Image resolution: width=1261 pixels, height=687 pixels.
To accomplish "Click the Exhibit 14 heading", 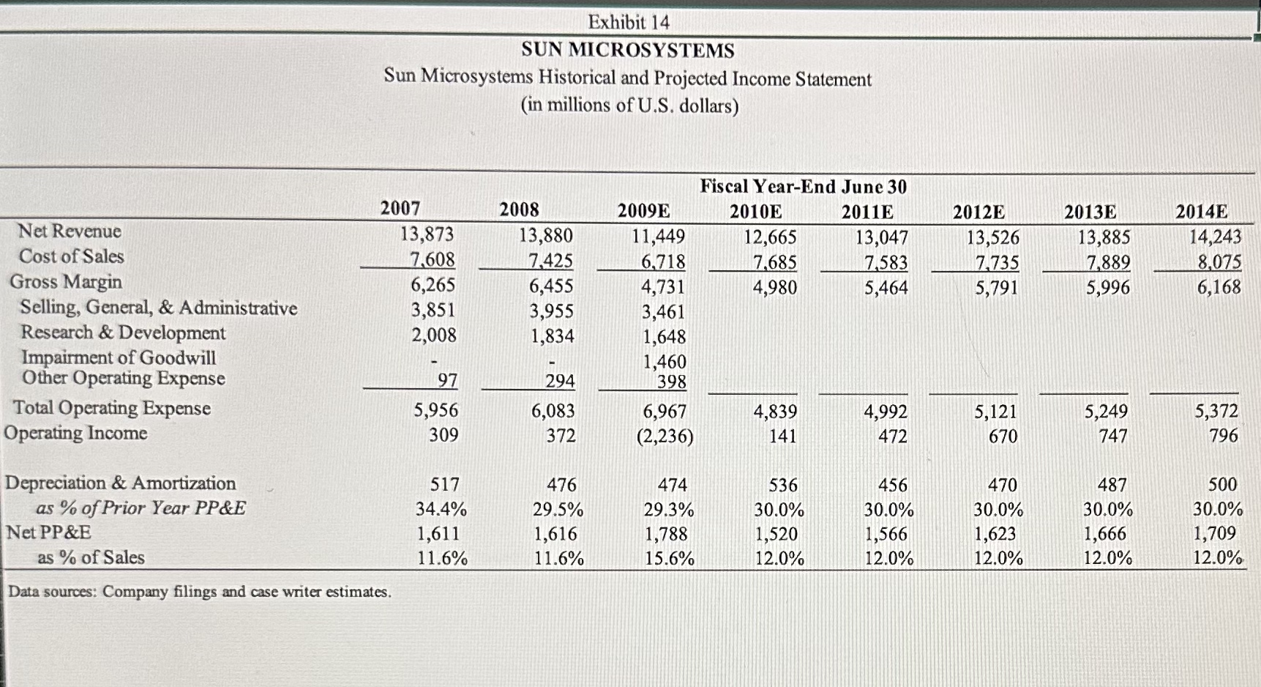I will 628,22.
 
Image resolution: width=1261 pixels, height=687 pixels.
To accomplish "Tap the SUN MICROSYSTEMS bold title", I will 628,50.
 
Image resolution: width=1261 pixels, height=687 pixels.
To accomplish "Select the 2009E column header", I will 643,211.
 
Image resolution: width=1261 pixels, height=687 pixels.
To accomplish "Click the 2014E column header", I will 1201,211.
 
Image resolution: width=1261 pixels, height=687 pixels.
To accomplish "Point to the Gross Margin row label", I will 66,282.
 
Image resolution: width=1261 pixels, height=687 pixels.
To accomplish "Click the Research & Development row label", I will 123,333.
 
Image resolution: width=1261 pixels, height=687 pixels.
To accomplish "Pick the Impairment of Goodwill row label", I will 119,357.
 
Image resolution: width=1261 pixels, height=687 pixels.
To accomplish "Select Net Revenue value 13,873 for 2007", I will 427,234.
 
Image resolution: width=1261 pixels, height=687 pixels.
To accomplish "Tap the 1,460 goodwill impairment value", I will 665,362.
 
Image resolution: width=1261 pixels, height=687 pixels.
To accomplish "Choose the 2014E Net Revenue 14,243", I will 1215,237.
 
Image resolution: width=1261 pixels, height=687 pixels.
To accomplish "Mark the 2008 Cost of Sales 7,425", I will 550,261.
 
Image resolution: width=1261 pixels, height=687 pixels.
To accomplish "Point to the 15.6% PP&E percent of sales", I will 669,559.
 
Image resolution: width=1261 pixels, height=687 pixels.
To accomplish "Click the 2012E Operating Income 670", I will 1003,437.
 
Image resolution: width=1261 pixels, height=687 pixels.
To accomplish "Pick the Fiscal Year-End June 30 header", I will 803,187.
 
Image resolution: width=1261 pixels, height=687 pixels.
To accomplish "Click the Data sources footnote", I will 200,592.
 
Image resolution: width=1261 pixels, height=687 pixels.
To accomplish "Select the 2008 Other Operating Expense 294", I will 560,381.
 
